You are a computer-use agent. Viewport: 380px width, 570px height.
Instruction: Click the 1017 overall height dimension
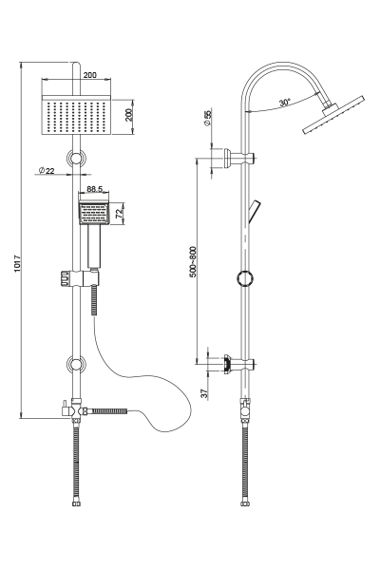[x=17, y=263]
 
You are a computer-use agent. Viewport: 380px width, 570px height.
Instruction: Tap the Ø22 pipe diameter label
[x=47, y=170]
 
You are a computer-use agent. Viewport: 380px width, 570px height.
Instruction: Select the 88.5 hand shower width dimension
[x=95, y=189]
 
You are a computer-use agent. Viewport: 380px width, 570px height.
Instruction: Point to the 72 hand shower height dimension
[x=119, y=214]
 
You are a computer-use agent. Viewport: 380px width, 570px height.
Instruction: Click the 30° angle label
[x=285, y=103]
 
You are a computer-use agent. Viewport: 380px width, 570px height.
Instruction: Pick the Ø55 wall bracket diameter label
[x=208, y=119]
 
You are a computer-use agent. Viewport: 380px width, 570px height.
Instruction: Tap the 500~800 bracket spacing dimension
[x=193, y=262]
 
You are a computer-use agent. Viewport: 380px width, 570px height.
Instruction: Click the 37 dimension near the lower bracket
[x=204, y=393]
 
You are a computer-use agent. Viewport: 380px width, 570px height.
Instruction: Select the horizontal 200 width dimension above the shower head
[x=90, y=75]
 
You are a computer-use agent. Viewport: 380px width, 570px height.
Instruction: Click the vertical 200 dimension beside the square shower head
[x=129, y=115]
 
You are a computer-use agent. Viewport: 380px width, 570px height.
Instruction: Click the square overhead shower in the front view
[x=76, y=115]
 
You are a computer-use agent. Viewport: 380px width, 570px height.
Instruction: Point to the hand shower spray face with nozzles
[x=94, y=214]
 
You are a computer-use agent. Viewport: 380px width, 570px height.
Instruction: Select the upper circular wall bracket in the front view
[x=76, y=159]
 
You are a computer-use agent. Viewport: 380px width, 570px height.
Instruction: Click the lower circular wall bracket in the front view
[x=76, y=365]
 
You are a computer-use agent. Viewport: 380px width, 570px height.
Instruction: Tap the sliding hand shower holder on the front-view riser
[x=79, y=277]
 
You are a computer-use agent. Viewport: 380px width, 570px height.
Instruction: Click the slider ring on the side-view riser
[x=245, y=278]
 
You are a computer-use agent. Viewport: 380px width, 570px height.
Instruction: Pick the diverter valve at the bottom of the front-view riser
[x=74, y=410]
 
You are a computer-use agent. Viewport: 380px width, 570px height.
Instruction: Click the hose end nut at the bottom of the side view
[x=245, y=503]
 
